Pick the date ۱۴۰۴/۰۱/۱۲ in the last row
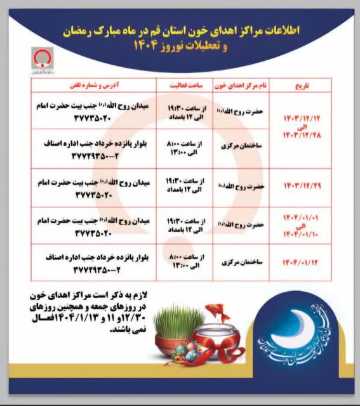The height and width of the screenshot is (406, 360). pos(298,261)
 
